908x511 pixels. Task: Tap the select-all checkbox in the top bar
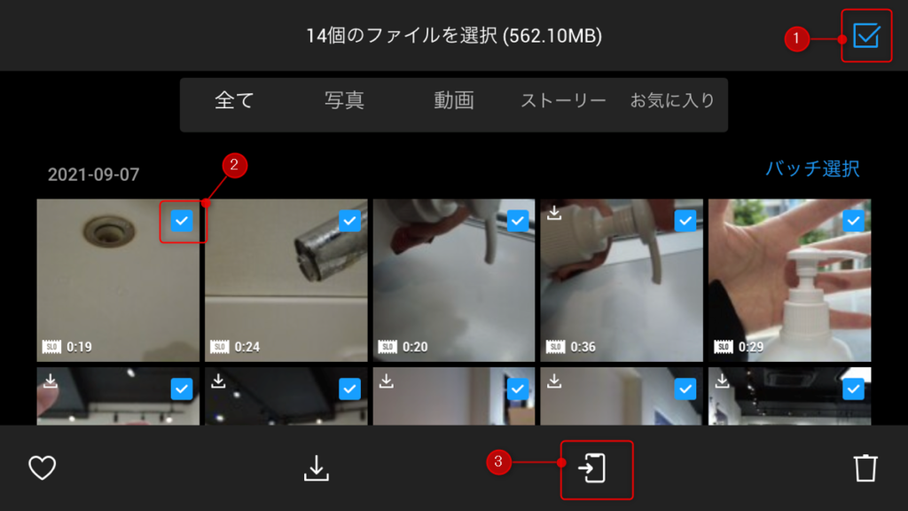866,35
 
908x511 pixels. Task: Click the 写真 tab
344,100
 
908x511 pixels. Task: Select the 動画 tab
453,100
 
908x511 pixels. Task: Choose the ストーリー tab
563,101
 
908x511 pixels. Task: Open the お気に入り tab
672,100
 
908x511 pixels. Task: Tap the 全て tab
234,100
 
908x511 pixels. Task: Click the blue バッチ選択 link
812,169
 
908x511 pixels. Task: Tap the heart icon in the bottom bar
43,468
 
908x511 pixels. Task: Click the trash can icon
865,468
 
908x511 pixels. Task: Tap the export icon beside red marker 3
591,468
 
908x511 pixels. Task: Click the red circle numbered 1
797,39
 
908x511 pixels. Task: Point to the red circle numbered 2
234,165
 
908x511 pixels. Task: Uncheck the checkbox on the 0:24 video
349,221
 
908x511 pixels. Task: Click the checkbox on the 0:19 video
182,221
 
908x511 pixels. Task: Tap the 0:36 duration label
583,347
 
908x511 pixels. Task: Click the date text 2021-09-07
93,175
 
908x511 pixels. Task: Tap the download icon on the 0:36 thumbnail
554,213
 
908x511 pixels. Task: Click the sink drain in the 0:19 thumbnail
109,231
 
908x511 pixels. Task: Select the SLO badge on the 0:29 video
724,347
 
